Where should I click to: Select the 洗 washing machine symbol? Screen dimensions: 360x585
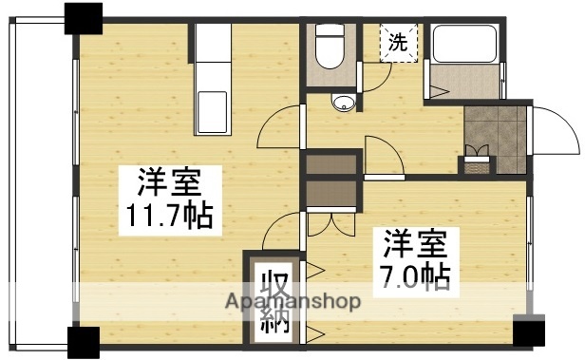tap(400, 42)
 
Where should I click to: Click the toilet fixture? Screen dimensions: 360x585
tap(330, 48)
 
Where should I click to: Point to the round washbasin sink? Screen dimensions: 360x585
tap(343, 103)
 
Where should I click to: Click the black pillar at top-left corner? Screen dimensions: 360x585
tap(83, 18)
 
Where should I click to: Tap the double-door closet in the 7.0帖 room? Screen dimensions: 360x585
tap(331, 204)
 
